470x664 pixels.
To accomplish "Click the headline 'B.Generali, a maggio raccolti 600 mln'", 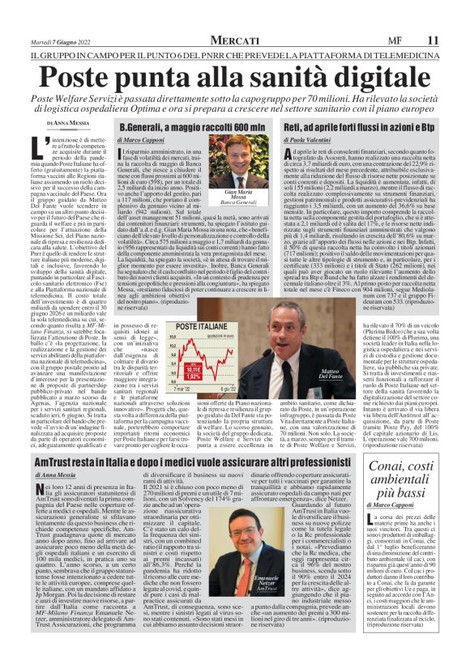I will pyautogui.click(x=191, y=129).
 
